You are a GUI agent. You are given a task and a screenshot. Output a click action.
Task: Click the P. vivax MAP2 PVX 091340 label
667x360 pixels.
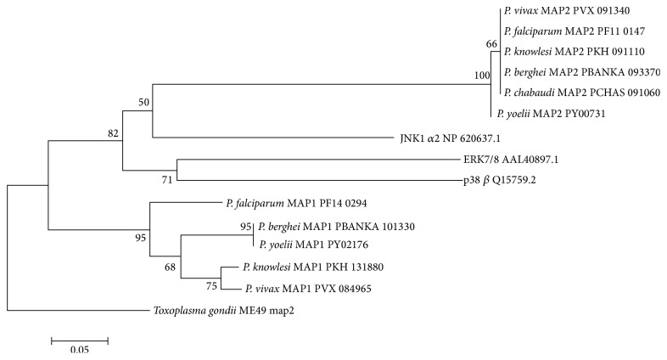click(566, 12)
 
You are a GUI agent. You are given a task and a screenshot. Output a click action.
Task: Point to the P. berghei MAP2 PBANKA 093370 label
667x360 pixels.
click(575, 72)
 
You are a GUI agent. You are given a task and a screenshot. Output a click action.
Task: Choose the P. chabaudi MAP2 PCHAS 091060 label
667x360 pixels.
click(575, 93)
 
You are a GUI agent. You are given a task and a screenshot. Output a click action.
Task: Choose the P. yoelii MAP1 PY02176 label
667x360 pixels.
click(305, 248)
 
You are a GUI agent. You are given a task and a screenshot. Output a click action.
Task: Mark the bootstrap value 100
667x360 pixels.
click(483, 76)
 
